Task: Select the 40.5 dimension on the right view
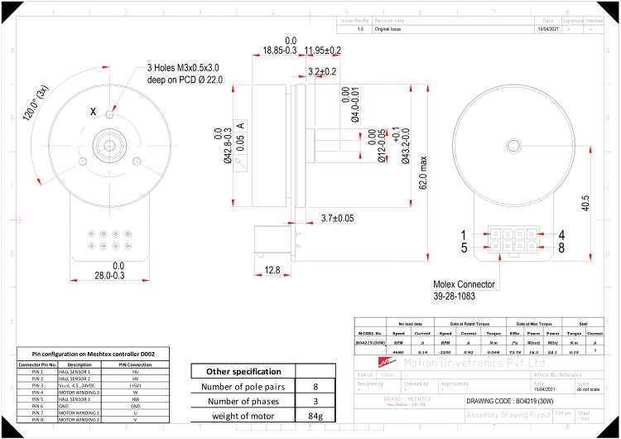(x=587, y=203)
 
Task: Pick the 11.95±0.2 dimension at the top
(x=323, y=51)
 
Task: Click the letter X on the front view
(x=93, y=110)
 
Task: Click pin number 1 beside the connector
(x=465, y=234)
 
